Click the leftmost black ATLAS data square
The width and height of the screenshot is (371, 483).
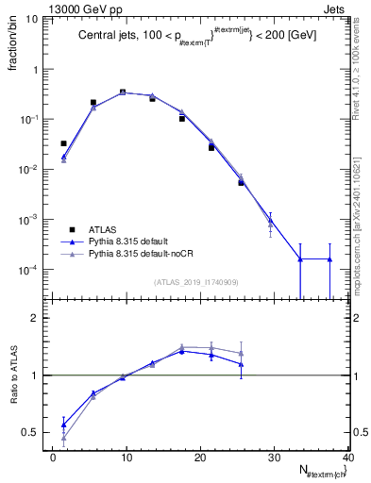(64, 143)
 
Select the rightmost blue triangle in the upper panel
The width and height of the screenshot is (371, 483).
(329, 258)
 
